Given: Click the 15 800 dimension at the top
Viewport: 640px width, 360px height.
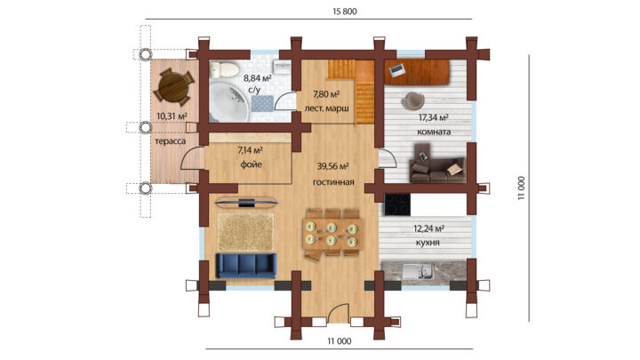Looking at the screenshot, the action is pyautogui.click(x=345, y=12).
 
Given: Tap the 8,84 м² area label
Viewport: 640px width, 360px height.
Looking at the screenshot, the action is pyautogui.click(x=258, y=77).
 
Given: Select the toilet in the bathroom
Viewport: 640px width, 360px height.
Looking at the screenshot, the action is pyautogui.click(x=224, y=69).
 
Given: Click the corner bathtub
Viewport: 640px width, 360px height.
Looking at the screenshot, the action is pyautogui.click(x=228, y=101).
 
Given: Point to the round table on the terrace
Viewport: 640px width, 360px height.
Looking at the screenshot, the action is pyautogui.click(x=173, y=86).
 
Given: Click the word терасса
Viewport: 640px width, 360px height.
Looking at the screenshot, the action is pyautogui.click(x=170, y=141).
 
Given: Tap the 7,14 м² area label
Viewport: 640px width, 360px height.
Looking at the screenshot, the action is pyautogui.click(x=250, y=150).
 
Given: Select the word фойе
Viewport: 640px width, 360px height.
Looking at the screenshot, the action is pyautogui.click(x=251, y=164).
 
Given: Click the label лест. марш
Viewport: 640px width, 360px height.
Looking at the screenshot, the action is pyautogui.click(x=326, y=108).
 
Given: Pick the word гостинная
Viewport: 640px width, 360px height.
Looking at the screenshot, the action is pyautogui.click(x=333, y=182).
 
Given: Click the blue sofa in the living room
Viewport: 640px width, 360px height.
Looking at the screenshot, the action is pyautogui.click(x=246, y=265).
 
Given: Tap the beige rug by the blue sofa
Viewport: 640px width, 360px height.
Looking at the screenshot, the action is pyautogui.click(x=245, y=232).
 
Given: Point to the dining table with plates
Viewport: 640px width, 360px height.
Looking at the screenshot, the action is pyautogui.click(x=332, y=234).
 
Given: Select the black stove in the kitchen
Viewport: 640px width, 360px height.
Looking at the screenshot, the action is pyautogui.click(x=397, y=204).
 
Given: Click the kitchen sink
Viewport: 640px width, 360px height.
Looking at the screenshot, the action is pyautogui.click(x=418, y=270).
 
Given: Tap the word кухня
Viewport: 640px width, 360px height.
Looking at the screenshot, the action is pyautogui.click(x=428, y=243).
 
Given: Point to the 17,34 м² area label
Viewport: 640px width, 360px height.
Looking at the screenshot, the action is pyautogui.click(x=434, y=118).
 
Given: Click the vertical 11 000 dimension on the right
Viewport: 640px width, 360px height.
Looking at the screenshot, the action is pyautogui.click(x=521, y=188).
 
